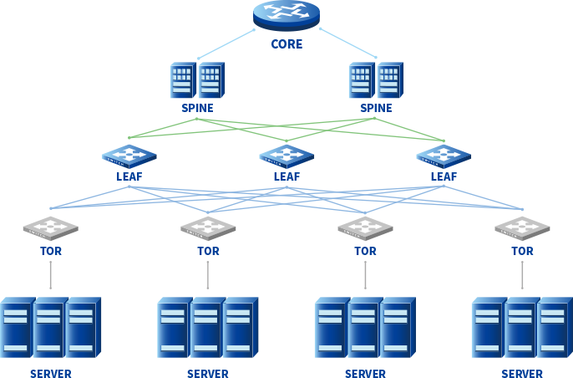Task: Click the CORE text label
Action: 286,43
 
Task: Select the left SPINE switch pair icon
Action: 197,81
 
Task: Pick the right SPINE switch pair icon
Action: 376,81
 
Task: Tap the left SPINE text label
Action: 197,108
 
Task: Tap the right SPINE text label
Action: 376,108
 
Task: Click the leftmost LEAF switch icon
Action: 129,156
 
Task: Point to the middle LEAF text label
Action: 286,176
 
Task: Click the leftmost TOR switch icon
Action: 51,227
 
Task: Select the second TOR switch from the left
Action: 208,227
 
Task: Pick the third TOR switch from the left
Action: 365,227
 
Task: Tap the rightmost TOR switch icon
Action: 522,227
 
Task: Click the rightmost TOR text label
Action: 522,250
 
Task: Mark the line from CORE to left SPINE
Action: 226,44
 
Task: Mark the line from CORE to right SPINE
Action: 347,43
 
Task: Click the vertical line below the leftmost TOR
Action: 51,275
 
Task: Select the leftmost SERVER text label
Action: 51,373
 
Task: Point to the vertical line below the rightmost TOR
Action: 522,275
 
